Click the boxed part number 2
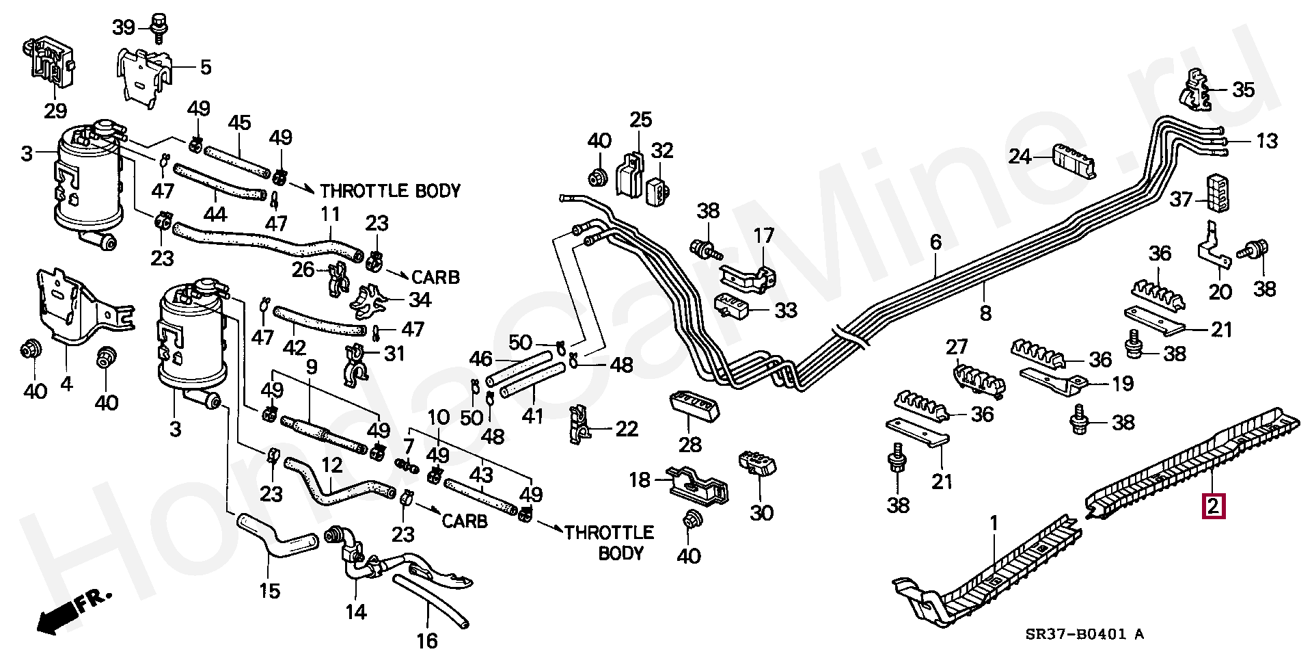[x=1214, y=508]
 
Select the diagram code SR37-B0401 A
[x=1084, y=634]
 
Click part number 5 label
[x=206, y=68]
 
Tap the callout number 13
[x=1266, y=141]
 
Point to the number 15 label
[x=270, y=590]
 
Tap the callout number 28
[x=689, y=445]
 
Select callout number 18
[x=640, y=480]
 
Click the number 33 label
[x=786, y=311]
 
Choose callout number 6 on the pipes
[x=935, y=241]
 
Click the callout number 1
[x=994, y=524]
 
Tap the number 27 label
[x=958, y=346]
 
